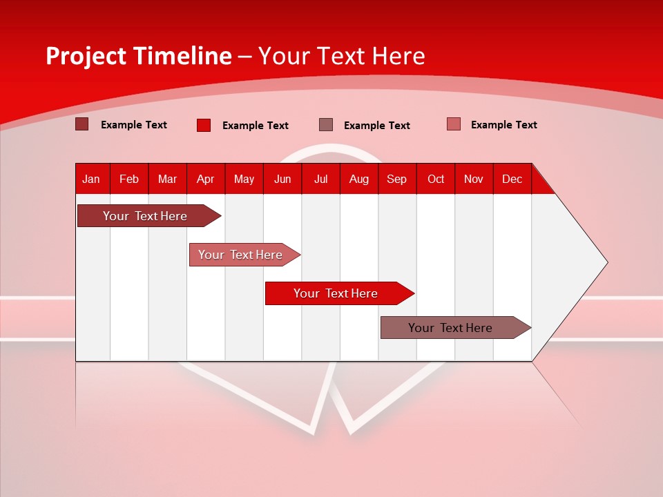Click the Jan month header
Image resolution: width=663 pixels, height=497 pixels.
pyautogui.click(x=91, y=179)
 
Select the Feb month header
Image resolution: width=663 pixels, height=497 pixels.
pyautogui.click(x=129, y=179)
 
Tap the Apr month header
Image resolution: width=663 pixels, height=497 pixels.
pyautogui.click(x=206, y=179)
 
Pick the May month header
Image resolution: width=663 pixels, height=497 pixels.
pyautogui.click(x=244, y=179)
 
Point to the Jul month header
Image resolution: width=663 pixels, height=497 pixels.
pyautogui.click(x=320, y=179)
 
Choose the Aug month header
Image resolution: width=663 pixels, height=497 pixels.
pyautogui.click(x=359, y=179)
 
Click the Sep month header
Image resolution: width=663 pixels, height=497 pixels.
pyautogui.click(x=397, y=179)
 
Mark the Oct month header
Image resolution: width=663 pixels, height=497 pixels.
pyautogui.click(x=436, y=179)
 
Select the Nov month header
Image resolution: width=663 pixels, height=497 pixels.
pyautogui.click(x=474, y=179)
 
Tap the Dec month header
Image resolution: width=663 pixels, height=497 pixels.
pyautogui.click(x=512, y=179)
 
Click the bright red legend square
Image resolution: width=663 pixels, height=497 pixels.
pyautogui.click(x=203, y=125)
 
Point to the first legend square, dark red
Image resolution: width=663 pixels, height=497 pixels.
pyautogui.click(x=81, y=124)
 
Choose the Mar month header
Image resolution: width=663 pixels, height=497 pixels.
pyautogui.click(x=167, y=179)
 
